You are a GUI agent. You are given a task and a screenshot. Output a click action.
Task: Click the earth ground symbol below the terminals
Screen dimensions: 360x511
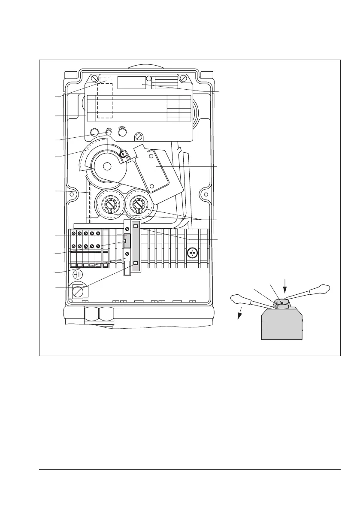78,274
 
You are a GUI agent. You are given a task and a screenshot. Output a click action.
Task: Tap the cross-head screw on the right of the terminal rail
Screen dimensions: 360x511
192,254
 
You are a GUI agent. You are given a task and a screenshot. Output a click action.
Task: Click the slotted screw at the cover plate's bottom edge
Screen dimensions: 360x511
139,137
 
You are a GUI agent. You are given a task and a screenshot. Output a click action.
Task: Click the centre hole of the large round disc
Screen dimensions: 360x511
107,166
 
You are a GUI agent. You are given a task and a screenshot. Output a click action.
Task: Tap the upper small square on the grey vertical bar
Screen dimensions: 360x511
136,226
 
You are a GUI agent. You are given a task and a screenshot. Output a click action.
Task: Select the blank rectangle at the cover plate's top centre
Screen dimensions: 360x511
131,82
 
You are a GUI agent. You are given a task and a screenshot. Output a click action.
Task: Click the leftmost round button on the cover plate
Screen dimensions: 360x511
95,132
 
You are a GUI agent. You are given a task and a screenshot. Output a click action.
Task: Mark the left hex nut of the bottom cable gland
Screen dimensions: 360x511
91,316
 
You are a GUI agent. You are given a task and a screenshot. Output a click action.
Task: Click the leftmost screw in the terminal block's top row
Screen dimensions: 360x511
74,233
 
